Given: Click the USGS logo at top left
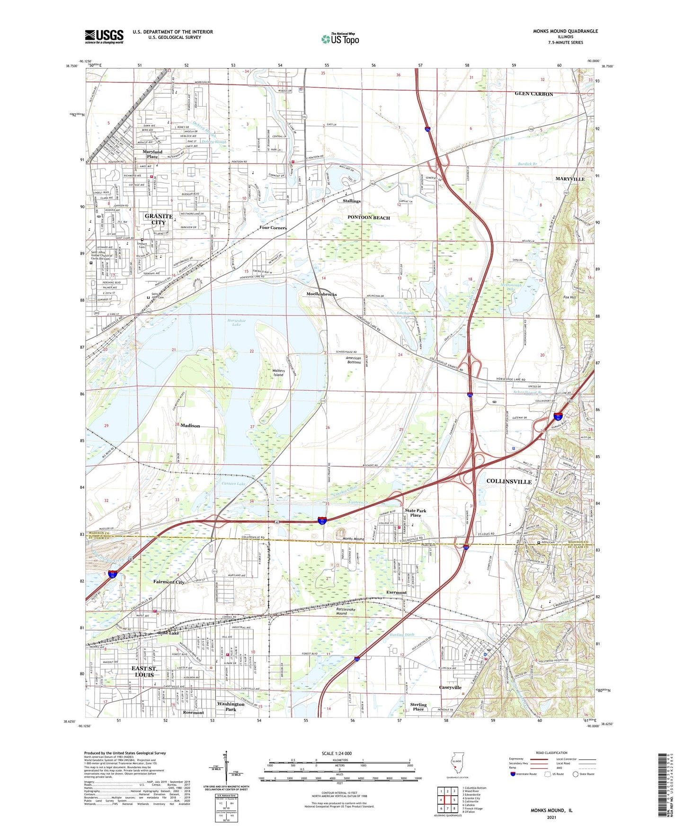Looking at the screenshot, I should click(104, 36).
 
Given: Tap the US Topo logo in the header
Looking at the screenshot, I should click(340, 39).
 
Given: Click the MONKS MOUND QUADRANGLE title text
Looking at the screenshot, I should click(565, 31).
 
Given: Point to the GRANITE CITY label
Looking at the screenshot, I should click(158, 219).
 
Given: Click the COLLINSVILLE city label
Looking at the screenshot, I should click(509, 481).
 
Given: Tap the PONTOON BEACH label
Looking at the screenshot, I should click(369, 218).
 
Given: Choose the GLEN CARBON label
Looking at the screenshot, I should click(533, 94).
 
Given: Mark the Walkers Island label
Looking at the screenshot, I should click(278, 373).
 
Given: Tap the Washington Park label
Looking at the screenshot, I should click(231, 707).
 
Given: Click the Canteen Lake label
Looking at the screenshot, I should click(233, 484).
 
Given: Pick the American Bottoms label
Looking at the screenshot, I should click(354, 360).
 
